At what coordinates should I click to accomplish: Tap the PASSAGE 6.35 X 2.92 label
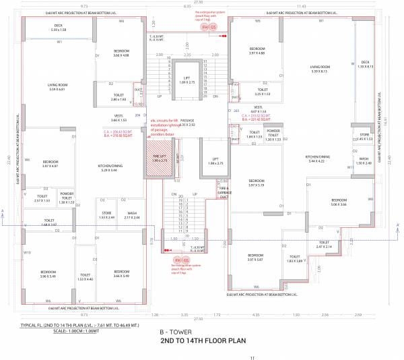[x=186, y=123]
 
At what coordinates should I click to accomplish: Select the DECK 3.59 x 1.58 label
[x=59, y=28]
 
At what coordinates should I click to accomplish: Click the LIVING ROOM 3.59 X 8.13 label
[x=318, y=69]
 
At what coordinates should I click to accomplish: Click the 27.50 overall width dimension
[x=201, y=3]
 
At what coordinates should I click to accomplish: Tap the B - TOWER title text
[x=173, y=333]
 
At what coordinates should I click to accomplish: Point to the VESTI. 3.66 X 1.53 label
[x=72, y=118]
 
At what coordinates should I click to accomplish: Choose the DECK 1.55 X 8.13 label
[x=366, y=65]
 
